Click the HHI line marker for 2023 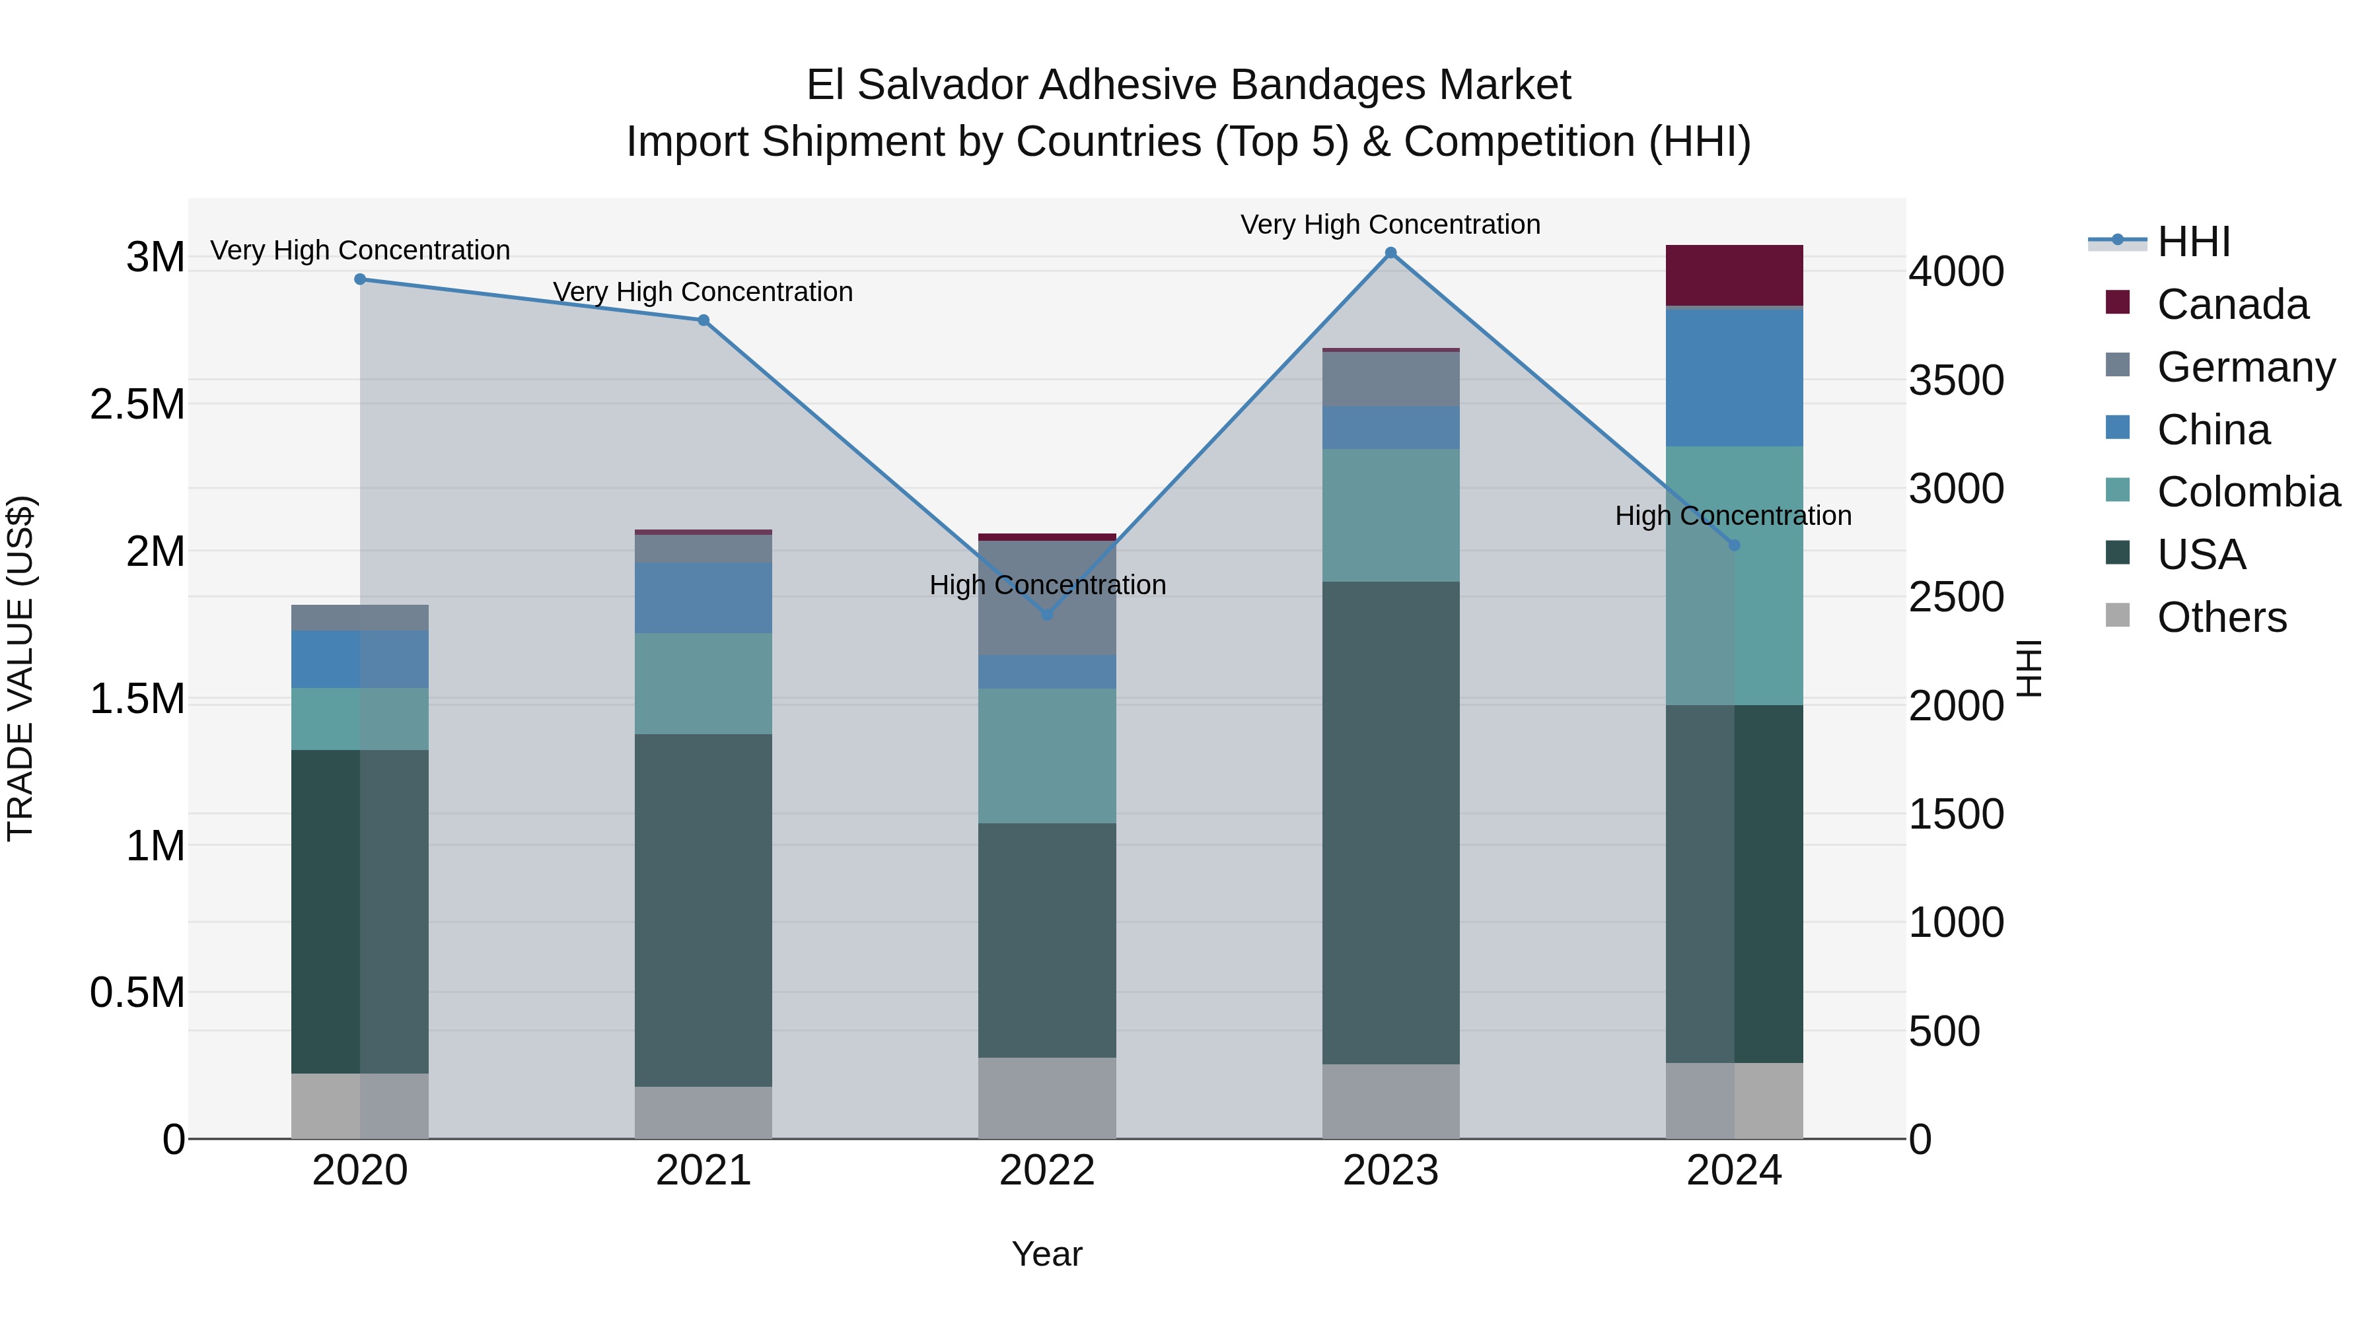(x=1390, y=253)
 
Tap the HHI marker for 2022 (x=1047, y=615)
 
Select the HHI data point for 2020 (x=360, y=279)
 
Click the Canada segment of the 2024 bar (x=1734, y=275)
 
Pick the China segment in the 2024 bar (x=1734, y=378)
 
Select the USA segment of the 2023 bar (x=1390, y=822)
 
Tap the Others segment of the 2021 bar (x=703, y=1112)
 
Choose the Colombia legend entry (x=2248, y=492)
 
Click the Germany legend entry (x=2245, y=367)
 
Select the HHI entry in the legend (x=2192, y=242)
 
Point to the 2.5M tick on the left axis (x=137, y=404)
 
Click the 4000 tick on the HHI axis (x=1956, y=271)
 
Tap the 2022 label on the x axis (x=1047, y=1170)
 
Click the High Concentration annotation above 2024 (x=1733, y=515)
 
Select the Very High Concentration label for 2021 (x=703, y=292)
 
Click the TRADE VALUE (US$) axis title (x=20, y=668)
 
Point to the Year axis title (x=1047, y=1254)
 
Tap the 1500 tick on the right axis (x=1956, y=814)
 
